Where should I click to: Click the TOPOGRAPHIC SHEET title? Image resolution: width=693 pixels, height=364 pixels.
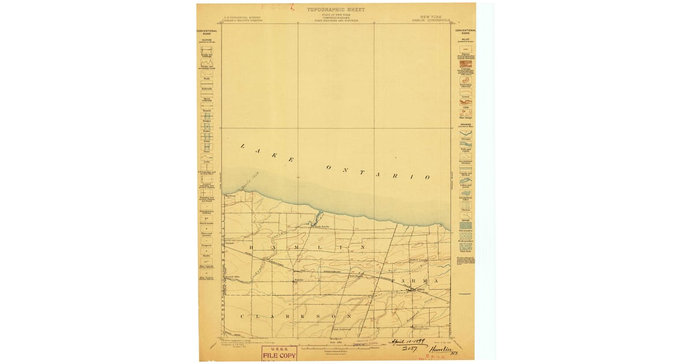click(x=336, y=10)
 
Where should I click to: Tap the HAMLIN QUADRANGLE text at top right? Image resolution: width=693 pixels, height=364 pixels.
click(x=431, y=21)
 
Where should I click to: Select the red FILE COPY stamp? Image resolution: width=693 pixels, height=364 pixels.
click(x=280, y=354)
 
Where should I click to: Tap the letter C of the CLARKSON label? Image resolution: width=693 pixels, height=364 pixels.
click(x=241, y=317)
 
